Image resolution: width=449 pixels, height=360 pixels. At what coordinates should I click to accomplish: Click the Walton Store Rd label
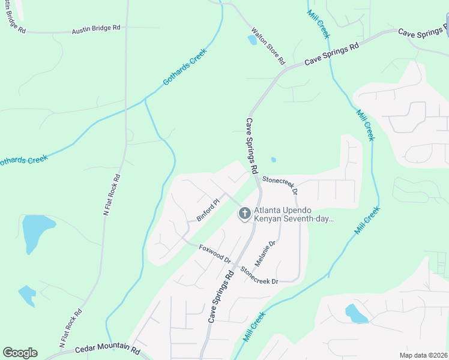[x=268, y=46]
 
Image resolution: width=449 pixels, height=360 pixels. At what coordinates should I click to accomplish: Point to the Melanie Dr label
[x=265, y=253]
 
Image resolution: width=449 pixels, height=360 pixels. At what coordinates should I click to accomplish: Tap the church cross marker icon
[x=244, y=214]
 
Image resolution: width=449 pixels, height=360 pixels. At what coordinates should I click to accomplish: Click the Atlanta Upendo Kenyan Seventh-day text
[x=294, y=215]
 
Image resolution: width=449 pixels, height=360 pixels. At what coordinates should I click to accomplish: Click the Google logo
[x=20, y=353]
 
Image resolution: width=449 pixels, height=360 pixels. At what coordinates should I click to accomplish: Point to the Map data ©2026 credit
[x=424, y=355]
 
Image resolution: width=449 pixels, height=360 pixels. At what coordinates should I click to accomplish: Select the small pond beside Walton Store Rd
[x=252, y=40]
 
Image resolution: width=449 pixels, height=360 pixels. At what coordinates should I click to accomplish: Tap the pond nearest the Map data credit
[x=355, y=313]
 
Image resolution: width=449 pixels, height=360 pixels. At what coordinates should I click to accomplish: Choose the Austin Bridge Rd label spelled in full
[x=96, y=29]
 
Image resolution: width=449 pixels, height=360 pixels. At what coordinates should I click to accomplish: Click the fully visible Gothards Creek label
[x=185, y=67]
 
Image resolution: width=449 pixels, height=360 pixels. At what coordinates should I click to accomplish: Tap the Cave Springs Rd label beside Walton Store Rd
[x=331, y=53]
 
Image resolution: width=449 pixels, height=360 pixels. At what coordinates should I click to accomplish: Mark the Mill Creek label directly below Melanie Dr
[x=255, y=327]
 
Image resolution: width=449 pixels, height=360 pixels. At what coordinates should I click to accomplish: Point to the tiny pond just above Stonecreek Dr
[x=273, y=160]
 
